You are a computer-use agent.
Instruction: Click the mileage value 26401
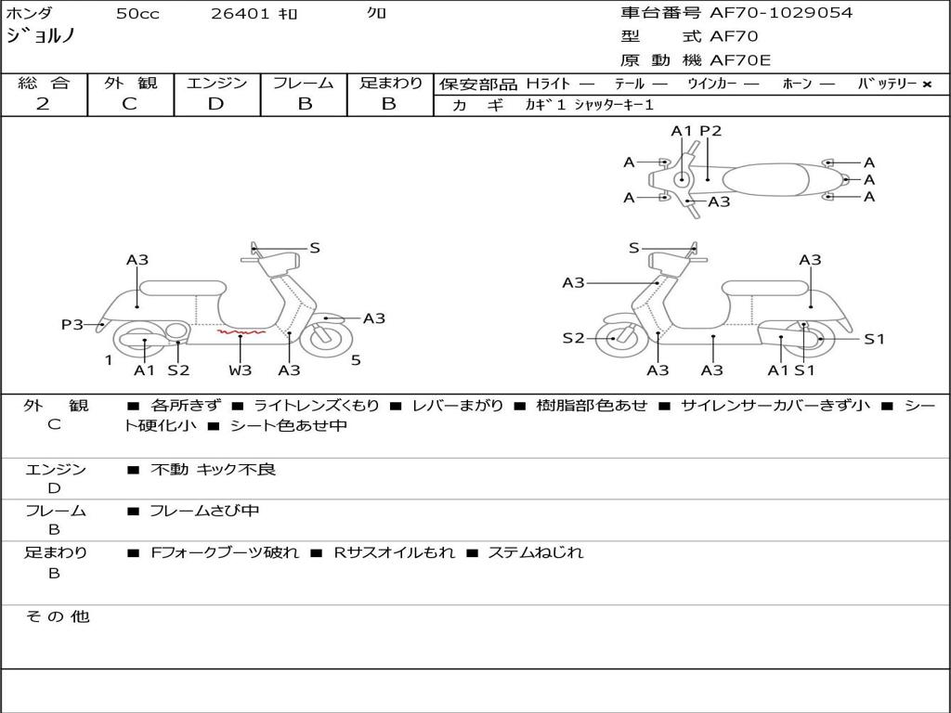pyautogui.click(x=241, y=14)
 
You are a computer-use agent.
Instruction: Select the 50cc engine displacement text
pyautogui.click(x=137, y=14)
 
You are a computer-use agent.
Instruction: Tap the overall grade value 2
pyautogui.click(x=43, y=104)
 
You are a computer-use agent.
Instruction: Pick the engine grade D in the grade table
pyautogui.click(x=215, y=104)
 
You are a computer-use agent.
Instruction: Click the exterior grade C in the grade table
pyautogui.click(x=129, y=104)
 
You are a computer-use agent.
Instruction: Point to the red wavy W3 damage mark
pyautogui.click(x=241, y=331)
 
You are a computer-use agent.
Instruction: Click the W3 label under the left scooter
pyautogui.click(x=241, y=370)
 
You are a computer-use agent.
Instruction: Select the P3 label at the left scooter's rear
pyautogui.click(x=72, y=324)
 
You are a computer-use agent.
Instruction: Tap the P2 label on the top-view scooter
pyautogui.click(x=710, y=131)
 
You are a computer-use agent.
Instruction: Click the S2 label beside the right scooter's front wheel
pyautogui.click(x=574, y=338)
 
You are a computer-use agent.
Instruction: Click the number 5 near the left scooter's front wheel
pyautogui.click(x=356, y=359)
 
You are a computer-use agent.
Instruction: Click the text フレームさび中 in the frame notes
pyautogui.click(x=204, y=511)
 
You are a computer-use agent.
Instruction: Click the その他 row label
pyautogui.click(x=57, y=616)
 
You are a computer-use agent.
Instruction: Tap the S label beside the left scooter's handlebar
pyautogui.click(x=315, y=248)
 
